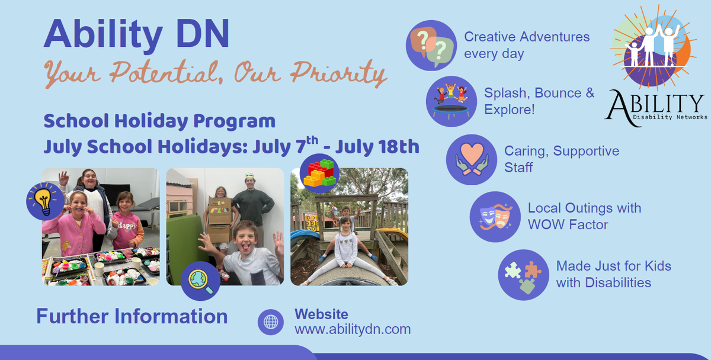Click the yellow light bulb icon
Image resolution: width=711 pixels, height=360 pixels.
pos(45,201)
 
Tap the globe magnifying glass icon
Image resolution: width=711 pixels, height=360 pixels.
pos(200,281)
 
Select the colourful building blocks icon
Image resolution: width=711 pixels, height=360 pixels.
pos(319,173)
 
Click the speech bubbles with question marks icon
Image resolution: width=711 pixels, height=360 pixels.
pos(431,46)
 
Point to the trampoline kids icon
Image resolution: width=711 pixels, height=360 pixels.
pos(451,101)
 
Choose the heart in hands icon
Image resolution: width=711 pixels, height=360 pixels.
pos(472,159)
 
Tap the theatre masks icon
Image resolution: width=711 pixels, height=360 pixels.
pos(495,217)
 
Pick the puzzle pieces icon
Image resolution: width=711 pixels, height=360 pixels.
pos(523,275)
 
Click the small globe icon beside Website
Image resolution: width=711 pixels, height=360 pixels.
pos(271,322)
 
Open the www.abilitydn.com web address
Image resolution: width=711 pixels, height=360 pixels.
pos(353,329)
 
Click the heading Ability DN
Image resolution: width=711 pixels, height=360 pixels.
pos(136,34)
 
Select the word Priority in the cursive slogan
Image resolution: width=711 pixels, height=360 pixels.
pos(338,73)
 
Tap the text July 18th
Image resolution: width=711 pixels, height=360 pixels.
pos(377,147)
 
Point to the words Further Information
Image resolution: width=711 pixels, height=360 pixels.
pos(132,316)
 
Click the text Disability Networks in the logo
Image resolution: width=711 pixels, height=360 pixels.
pos(670,117)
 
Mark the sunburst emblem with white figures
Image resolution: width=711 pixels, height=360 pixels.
pos(653,47)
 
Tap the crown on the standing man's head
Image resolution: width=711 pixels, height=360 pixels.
pos(250,175)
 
